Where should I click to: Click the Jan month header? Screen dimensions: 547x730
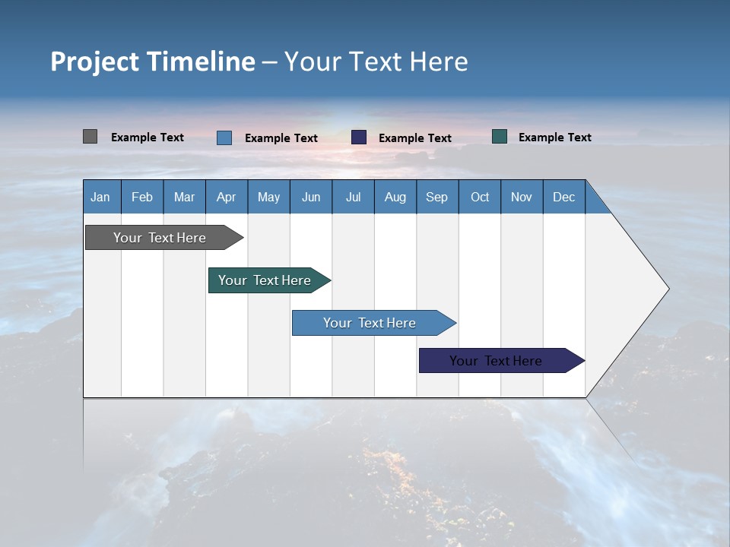tap(100, 197)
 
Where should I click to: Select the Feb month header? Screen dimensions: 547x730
tap(142, 197)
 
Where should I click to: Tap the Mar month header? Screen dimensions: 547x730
tap(184, 197)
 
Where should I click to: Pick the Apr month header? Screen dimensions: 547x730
tap(226, 197)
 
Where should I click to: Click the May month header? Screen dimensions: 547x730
tap(268, 197)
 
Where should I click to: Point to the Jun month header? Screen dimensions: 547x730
tap(311, 197)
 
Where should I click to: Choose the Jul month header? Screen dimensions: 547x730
tap(353, 197)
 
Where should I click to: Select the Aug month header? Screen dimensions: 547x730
tap(395, 197)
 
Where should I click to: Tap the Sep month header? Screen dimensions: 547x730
tap(436, 197)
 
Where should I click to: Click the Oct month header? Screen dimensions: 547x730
tap(480, 197)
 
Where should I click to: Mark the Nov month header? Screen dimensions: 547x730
tap(522, 197)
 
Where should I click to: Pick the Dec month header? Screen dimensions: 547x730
tap(563, 197)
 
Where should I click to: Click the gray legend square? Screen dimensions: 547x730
tap(90, 137)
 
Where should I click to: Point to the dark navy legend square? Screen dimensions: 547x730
tap(359, 138)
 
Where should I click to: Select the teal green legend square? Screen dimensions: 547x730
tap(500, 137)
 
